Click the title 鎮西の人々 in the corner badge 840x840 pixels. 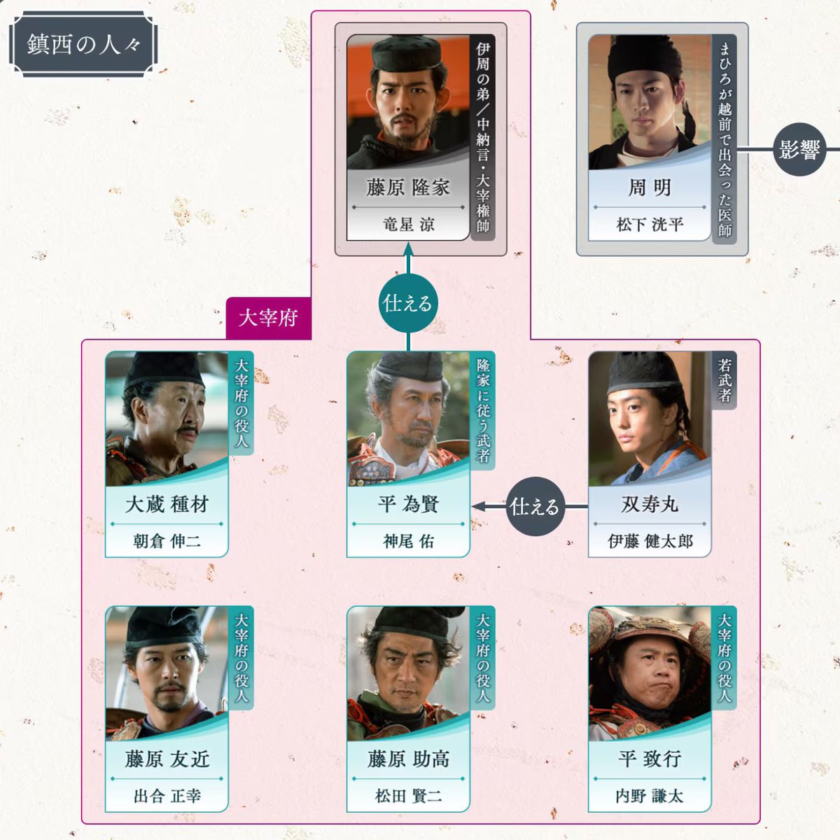tap(83, 45)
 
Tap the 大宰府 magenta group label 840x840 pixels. tap(268, 318)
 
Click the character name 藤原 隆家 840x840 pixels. tap(408, 187)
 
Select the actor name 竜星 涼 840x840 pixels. tap(408, 224)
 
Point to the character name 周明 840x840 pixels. tap(650, 187)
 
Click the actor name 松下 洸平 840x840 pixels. tap(650, 224)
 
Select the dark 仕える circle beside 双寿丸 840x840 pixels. tap(534, 506)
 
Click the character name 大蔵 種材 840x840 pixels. tap(167, 504)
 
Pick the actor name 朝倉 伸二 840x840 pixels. tap(167, 541)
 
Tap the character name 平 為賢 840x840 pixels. tap(408, 504)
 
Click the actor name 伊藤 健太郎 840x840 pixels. tap(650, 541)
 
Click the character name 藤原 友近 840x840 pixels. tap(167, 759)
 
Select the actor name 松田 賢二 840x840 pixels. tap(408, 796)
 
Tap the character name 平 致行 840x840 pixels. tap(650, 759)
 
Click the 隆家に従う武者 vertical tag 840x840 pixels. tap(483, 410)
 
